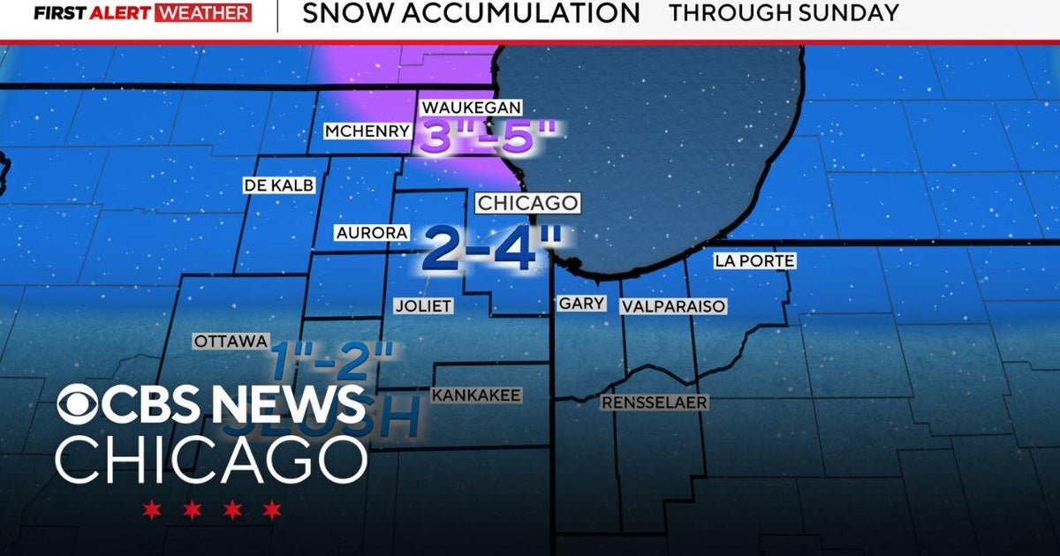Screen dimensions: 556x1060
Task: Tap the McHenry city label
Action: [367, 131]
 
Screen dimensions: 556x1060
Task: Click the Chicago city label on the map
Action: [527, 203]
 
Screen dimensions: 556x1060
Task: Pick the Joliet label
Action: [423, 306]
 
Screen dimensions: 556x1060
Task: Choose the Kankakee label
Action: [476, 395]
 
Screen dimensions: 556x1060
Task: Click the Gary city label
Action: [582, 304]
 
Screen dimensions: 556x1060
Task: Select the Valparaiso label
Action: [673, 306]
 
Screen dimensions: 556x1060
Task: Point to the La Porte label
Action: [754, 261]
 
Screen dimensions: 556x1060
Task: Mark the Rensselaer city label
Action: [655, 402]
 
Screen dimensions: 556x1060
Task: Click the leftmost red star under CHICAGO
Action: [152, 509]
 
